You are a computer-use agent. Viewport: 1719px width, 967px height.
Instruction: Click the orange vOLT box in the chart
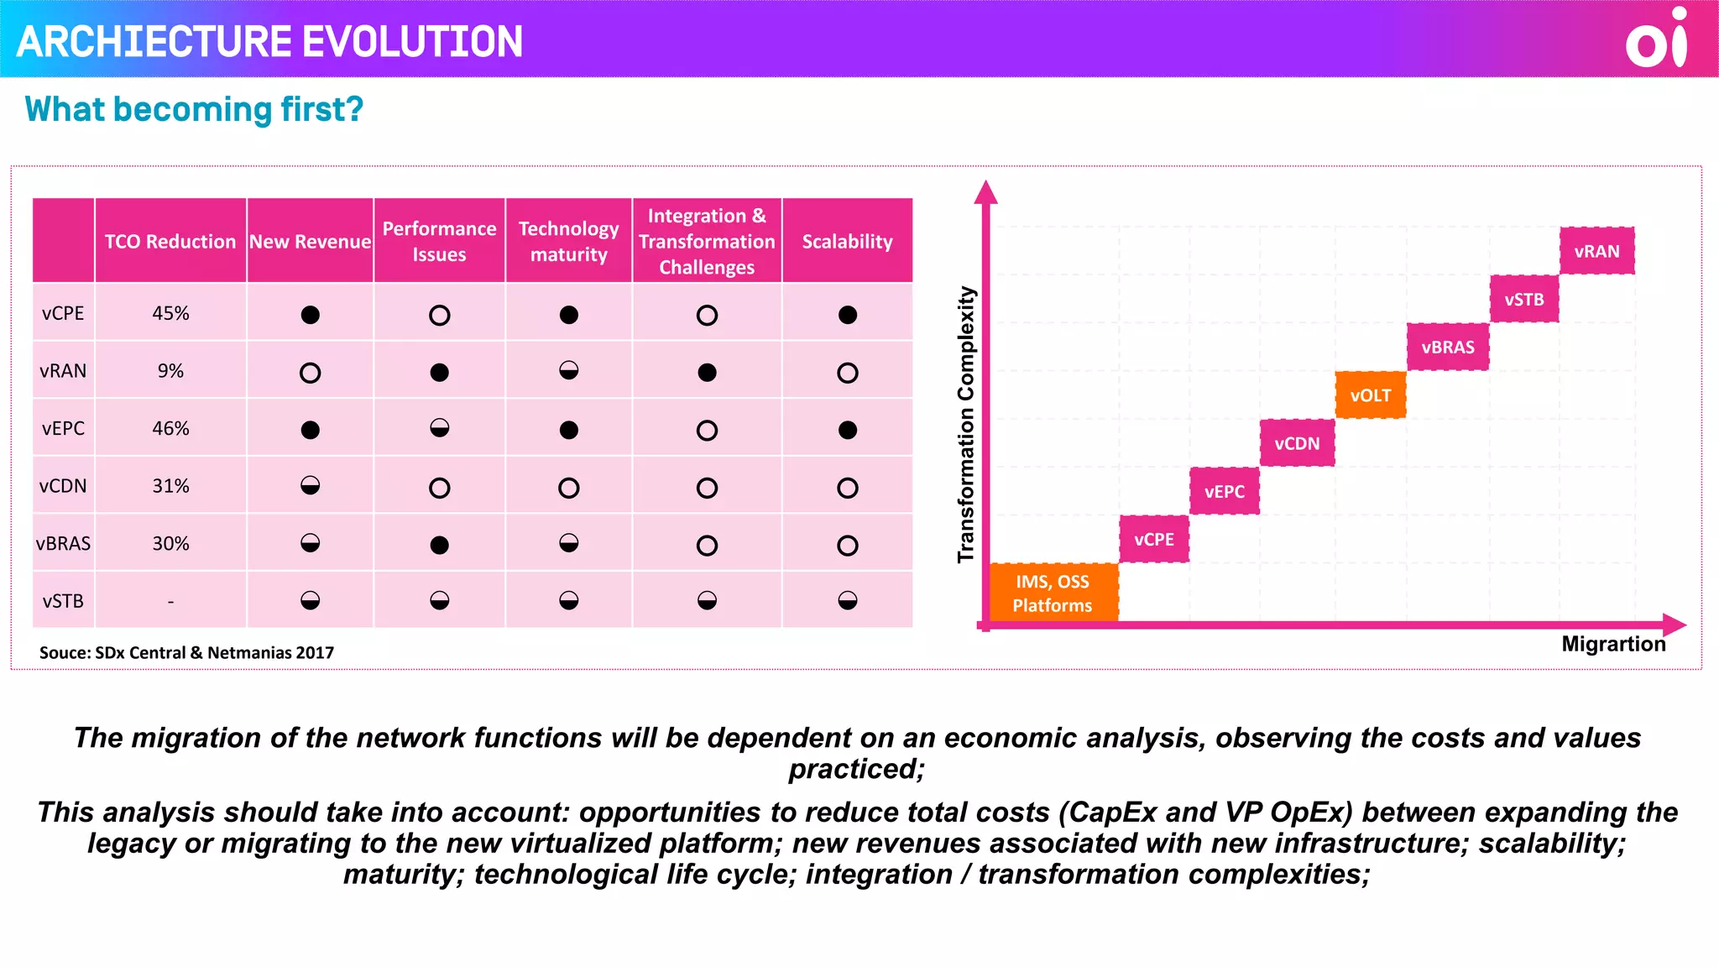pos(1370,395)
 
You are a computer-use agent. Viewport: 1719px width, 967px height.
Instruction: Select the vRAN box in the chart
pos(1596,251)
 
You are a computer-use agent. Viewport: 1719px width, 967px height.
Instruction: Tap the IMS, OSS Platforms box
pos(1053,593)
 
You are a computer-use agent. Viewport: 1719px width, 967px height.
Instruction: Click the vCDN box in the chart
pos(1297,443)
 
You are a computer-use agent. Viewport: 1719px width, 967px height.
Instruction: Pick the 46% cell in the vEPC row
pos(170,428)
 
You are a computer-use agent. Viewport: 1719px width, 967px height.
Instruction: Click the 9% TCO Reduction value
pos(170,371)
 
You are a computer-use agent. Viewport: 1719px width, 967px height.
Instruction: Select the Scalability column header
pos(847,242)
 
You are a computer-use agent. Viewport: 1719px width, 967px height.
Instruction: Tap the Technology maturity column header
pos(568,242)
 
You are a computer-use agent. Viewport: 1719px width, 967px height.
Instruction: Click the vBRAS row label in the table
pos(63,544)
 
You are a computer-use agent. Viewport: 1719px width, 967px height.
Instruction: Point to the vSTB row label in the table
pos(63,601)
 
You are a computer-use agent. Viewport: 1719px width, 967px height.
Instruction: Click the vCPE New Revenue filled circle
pos(310,315)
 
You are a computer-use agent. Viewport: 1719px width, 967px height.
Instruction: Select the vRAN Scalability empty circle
pos(847,373)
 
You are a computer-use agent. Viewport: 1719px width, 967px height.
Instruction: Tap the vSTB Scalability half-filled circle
pos(847,600)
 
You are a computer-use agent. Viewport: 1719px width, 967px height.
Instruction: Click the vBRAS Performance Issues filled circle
pos(439,545)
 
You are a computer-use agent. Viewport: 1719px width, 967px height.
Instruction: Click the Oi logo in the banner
pos(1655,39)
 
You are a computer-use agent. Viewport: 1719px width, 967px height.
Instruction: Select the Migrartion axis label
pos(1612,644)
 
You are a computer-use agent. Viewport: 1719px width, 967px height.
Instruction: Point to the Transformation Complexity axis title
pos(966,424)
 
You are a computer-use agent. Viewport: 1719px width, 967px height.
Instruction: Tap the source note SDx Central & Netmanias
pos(186,652)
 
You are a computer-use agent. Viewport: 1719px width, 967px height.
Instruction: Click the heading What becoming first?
pos(194,109)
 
